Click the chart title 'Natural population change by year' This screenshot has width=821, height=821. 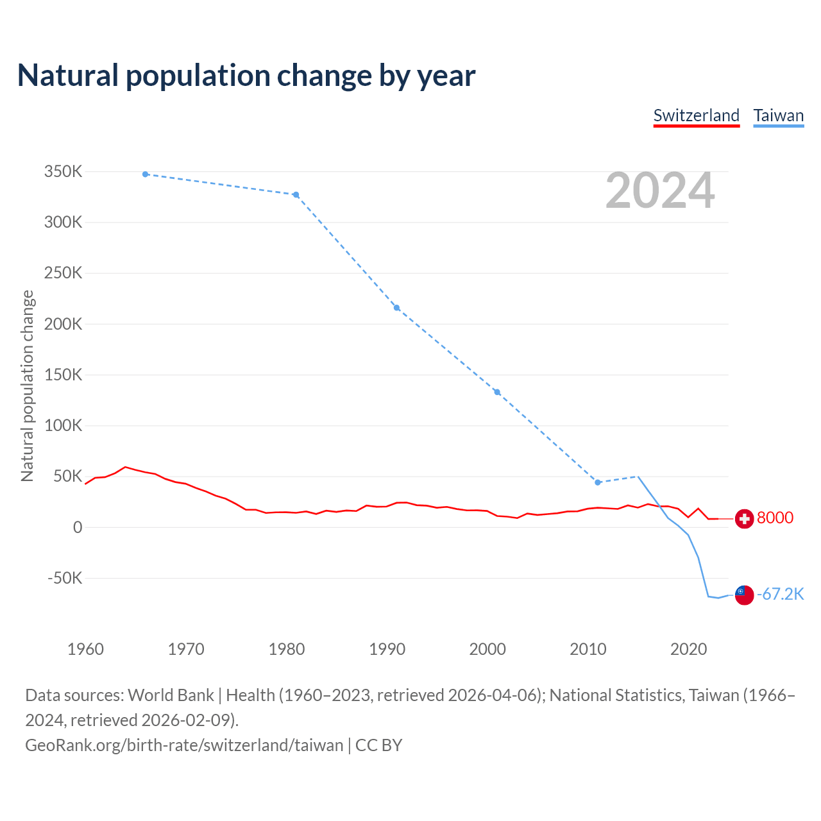pos(246,76)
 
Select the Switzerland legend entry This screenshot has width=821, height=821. pos(696,115)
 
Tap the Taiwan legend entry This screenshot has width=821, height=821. pos(778,115)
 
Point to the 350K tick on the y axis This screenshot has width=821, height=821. pos(63,172)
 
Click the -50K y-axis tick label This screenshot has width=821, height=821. pos(65,578)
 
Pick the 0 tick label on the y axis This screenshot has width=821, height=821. pos(78,527)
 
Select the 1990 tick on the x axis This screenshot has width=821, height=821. pos(387,649)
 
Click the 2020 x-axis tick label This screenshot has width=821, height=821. pos(688,649)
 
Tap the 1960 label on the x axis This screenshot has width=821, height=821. pos(85,649)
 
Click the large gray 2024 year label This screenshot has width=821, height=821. pos(660,190)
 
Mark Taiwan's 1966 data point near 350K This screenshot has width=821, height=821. pos(146,174)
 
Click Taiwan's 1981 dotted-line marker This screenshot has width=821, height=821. pos(296,194)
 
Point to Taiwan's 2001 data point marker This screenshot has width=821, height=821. pos(497,392)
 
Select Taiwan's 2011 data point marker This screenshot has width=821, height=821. pos(598,482)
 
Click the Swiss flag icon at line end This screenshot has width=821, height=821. pos(744,518)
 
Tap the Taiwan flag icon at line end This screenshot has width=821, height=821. pos(744,595)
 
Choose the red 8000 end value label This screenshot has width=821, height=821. pos(775,518)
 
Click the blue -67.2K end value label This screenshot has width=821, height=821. pos(780,594)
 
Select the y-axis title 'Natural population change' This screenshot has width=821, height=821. pos(27,385)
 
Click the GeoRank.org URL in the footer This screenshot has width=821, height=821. pos(184,745)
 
